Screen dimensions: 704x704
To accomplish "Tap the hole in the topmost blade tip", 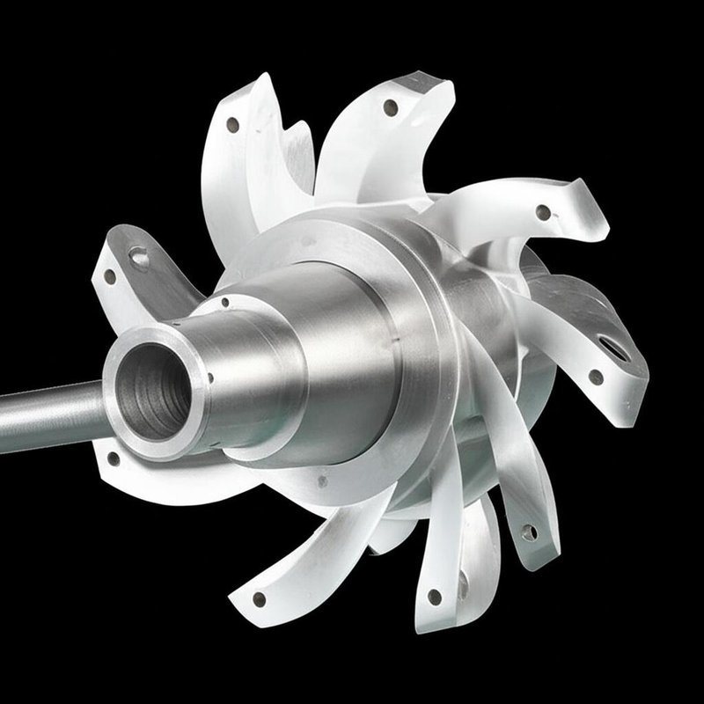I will (x=388, y=110).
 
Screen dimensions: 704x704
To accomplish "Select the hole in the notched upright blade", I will (x=232, y=125).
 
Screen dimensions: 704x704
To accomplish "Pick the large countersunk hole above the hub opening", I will (x=139, y=256).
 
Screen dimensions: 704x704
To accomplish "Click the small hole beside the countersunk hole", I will (x=110, y=275).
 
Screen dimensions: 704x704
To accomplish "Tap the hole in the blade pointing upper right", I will (x=544, y=212).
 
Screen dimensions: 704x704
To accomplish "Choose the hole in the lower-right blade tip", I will (x=528, y=532).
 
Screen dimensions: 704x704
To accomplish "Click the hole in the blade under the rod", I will (x=114, y=458).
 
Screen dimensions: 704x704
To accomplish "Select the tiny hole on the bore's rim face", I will (x=209, y=378).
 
